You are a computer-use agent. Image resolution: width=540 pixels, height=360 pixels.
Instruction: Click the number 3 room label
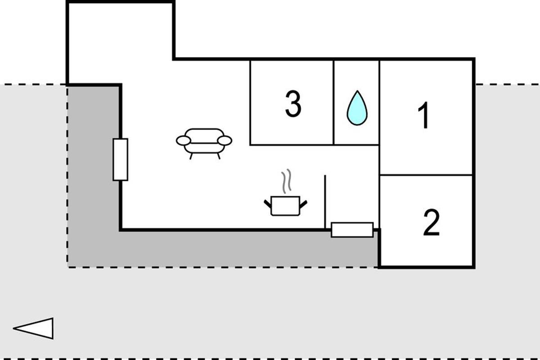293,104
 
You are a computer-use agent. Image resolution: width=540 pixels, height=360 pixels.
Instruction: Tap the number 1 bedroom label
423,115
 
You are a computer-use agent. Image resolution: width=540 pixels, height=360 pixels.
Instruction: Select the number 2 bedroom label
431,222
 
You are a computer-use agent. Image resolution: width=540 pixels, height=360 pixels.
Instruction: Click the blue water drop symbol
357,108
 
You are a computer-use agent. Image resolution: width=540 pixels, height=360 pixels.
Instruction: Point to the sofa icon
204,144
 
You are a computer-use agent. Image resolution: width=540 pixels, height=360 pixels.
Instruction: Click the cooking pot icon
285,206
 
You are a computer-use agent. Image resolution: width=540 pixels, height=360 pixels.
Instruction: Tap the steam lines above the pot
286,181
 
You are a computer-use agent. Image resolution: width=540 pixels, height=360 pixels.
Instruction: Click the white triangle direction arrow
33,328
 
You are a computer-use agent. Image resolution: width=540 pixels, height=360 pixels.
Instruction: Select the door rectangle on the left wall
120,160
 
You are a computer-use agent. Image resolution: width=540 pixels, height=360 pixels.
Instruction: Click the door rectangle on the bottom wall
352,230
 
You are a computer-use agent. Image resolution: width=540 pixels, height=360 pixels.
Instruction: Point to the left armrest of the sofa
184,140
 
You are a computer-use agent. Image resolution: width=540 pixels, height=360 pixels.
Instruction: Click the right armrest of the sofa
225,140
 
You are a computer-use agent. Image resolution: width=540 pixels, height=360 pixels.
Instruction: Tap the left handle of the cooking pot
268,204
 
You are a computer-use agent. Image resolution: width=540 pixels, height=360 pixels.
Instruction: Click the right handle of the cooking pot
303,204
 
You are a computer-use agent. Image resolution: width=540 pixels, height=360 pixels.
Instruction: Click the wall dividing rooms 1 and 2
426,175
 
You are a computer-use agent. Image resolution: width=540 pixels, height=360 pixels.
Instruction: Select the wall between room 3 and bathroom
333,103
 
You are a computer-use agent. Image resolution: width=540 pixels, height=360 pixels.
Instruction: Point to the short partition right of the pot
325,202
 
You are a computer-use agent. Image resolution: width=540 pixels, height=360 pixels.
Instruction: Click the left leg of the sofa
191,156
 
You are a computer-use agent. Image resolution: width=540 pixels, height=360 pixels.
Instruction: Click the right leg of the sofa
219,156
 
